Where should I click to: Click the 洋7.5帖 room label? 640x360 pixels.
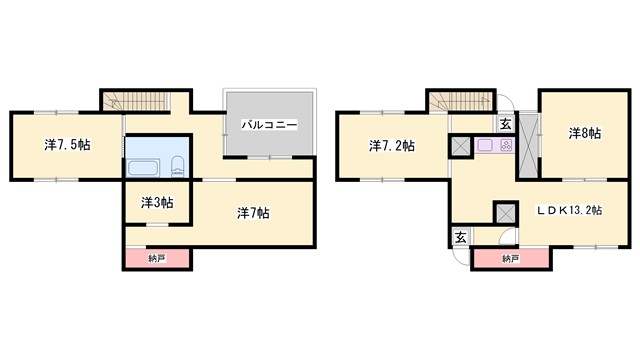pyautogui.click(x=68, y=145)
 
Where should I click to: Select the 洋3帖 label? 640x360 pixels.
pyautogui.click(x=155, y=202)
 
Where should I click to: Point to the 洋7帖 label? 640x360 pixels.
pyautogui.click(x=252, y=212)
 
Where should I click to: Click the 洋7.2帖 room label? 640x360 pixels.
pyautogui.click(x=392, y=146)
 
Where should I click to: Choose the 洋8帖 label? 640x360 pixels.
pyautogui.click(x=585, y=132)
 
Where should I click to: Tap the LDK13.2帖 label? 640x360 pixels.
pyautogui.click(x=568, y=211)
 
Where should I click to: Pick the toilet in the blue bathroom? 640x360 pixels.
pyautogui.click(x=177, y=166)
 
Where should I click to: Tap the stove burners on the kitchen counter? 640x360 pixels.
pyautogui.click(x=505, y=146)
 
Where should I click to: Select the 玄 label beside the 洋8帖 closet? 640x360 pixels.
pyautogui.click(x=505, y=124)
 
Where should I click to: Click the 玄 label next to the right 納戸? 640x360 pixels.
pyautogui.click(x=461, y=237)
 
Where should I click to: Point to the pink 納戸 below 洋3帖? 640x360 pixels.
pyautogui.click(x=157, y=259)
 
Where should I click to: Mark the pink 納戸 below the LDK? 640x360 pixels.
pyautogui.click(x=510, y=259)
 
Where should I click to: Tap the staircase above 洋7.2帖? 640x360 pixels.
pyautogui.click(x=461, y=101)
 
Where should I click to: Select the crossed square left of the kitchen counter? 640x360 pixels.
pyautogui.click(x=461, y=146)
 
